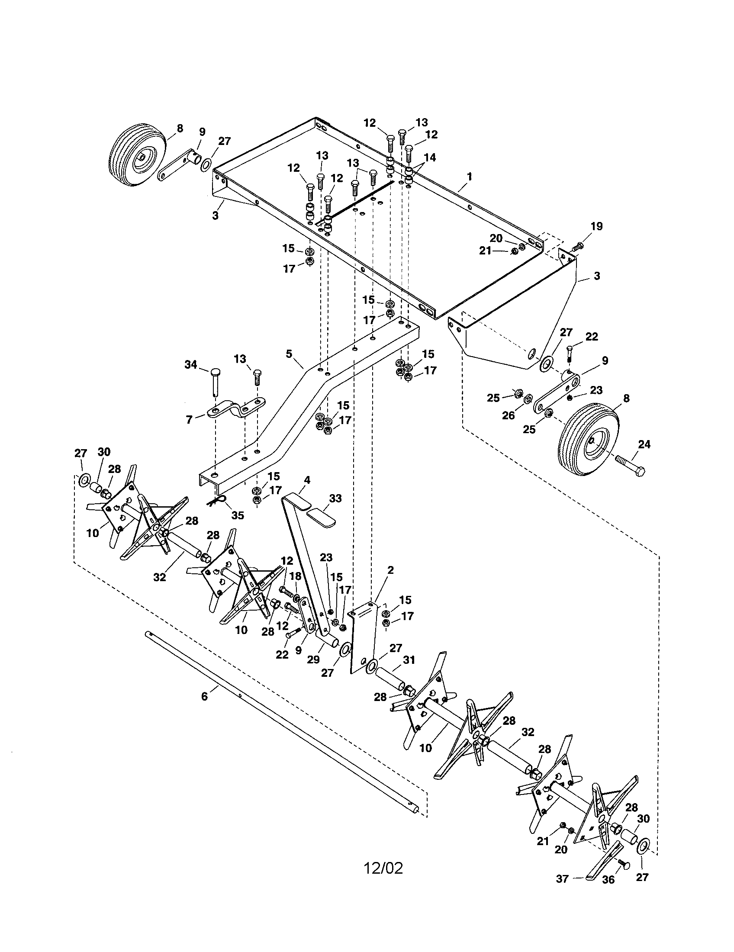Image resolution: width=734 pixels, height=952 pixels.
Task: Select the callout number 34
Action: coord(190,364)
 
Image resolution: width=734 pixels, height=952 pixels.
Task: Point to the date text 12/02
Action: coord(383,867)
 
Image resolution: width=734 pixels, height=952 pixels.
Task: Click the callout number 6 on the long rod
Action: coord(204,697)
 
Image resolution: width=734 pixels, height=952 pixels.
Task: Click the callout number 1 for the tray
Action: coord(469,177)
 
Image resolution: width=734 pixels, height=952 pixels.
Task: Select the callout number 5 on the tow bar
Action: coord(289,354)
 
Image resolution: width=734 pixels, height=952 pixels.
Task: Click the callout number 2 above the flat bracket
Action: coord(390,570)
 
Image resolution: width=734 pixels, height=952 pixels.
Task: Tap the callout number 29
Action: coord(313,659)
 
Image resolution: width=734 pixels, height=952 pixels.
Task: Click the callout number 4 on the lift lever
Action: coord(307,480)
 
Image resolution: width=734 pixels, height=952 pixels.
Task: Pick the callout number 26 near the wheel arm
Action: coord(508,415)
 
